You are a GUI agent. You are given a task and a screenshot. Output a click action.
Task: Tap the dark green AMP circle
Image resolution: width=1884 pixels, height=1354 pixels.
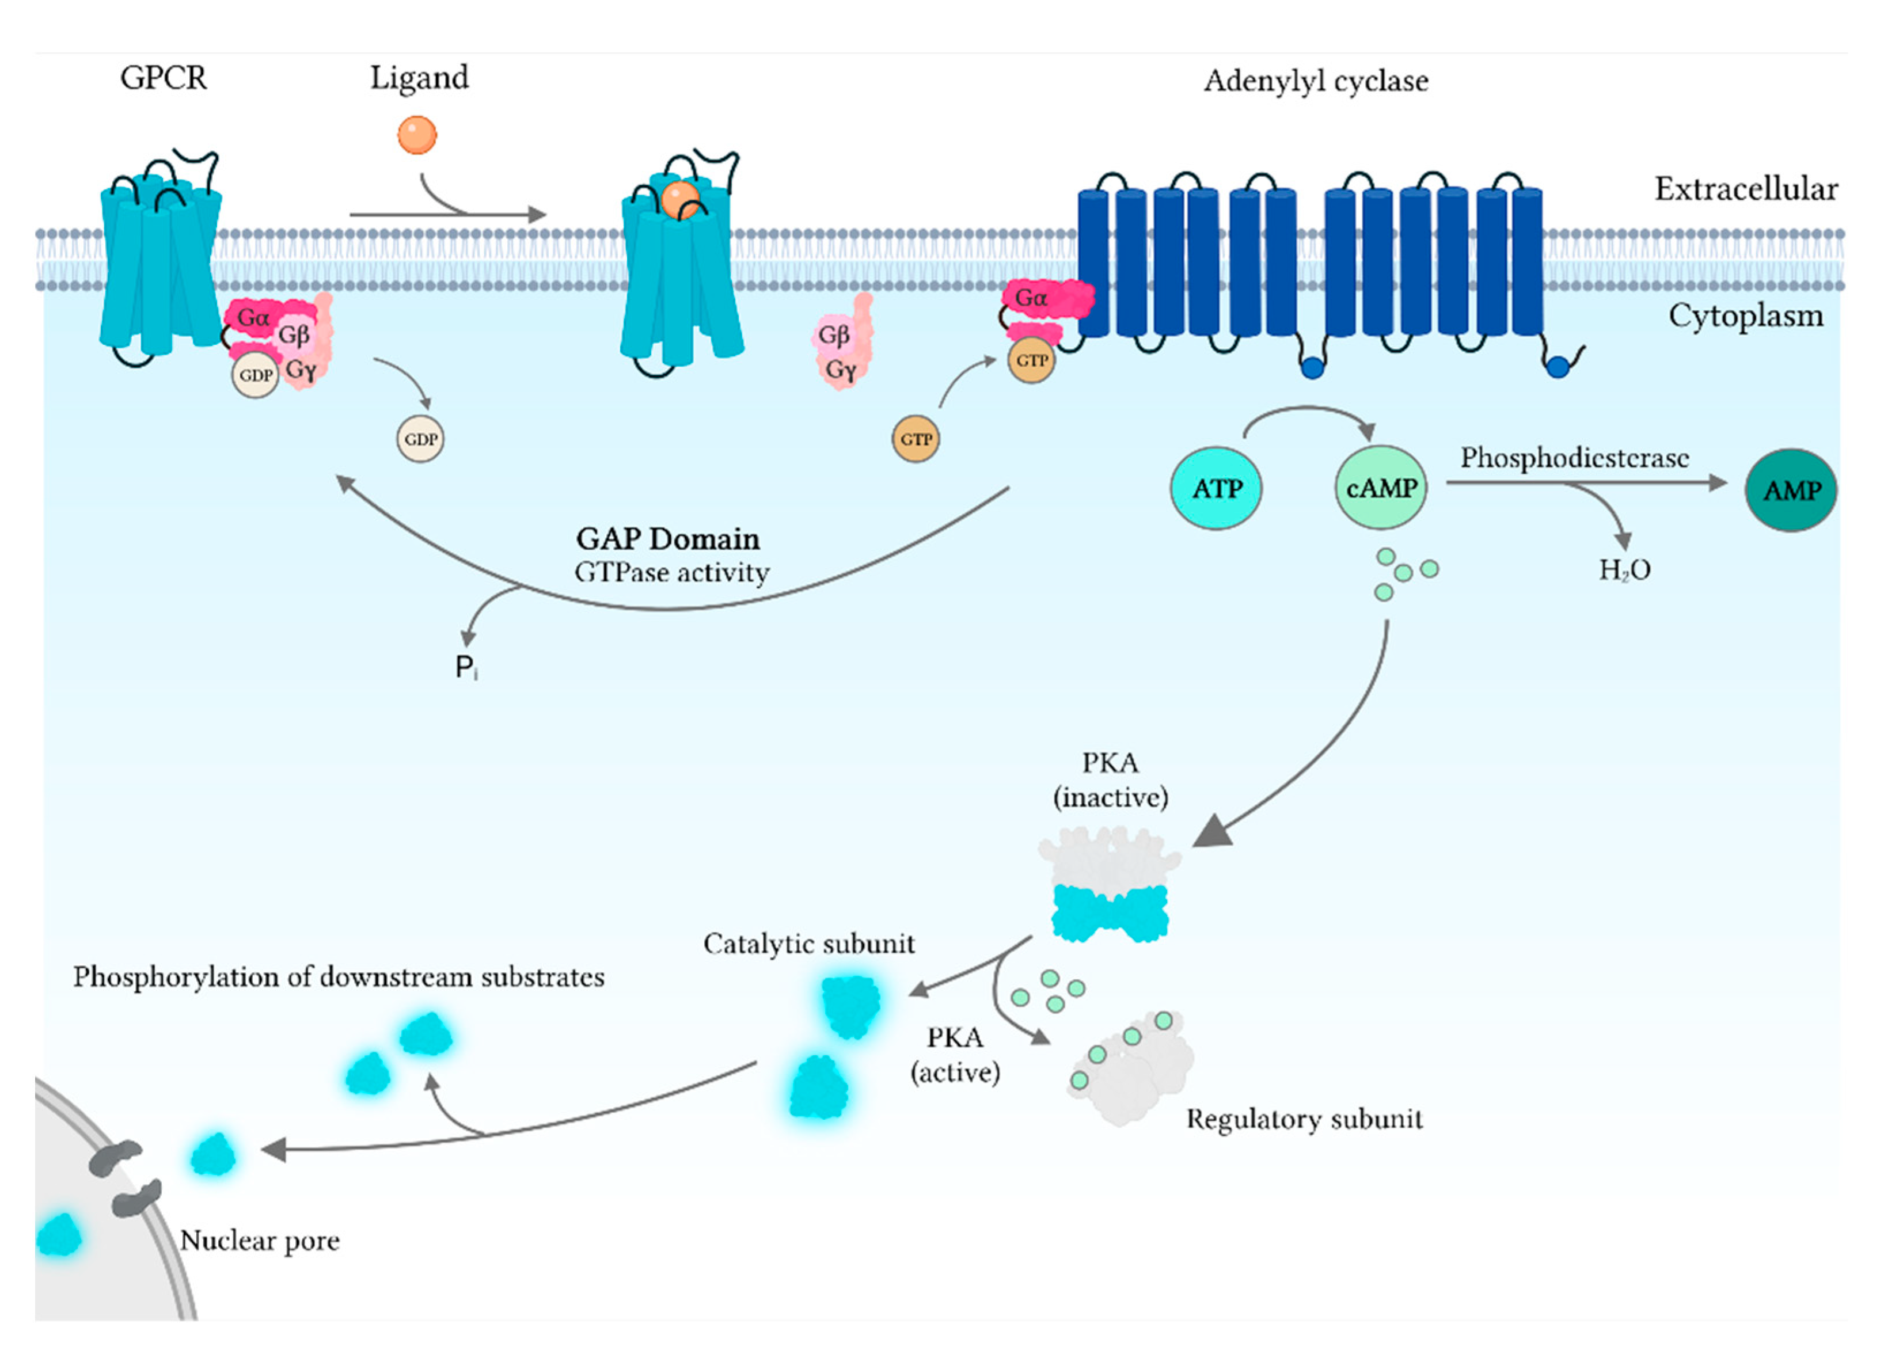click(1790, 490)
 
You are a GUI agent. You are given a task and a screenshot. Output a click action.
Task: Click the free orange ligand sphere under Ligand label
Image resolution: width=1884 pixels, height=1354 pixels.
click(417, 135)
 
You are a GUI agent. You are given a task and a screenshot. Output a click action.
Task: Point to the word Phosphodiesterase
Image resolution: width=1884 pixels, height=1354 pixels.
click(1574, 458)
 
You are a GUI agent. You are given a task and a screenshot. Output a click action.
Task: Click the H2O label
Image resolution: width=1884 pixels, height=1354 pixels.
click(1624, 570)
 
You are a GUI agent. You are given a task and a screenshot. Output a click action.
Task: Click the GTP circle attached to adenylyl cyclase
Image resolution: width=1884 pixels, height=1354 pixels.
click(1031, 360)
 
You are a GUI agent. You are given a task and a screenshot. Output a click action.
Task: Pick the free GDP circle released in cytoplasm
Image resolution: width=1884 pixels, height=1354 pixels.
click(420, 439)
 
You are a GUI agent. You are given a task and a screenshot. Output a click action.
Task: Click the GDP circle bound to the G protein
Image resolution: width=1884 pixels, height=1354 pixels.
click(255, 375)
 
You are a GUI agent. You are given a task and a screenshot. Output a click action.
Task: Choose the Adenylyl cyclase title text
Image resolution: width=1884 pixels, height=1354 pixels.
click(1316, 81)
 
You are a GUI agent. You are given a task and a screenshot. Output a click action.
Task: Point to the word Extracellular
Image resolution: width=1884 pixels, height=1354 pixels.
click(1745, 189)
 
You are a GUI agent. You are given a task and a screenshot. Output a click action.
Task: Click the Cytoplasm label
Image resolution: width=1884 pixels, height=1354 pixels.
click(1745, 315)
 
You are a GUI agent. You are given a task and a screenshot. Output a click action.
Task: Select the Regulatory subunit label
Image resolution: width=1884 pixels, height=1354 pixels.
click(1304, 1119)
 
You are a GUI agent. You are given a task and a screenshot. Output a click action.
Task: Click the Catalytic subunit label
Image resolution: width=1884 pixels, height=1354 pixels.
click(808, 944)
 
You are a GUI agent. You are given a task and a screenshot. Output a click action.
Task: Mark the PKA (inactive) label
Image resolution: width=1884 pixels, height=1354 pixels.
click(1110, 780)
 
